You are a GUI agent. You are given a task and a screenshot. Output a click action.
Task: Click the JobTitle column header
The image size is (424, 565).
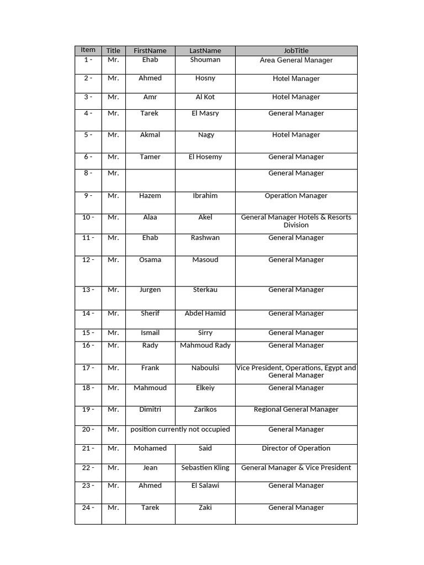296,51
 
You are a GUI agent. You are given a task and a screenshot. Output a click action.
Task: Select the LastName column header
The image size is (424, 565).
205,51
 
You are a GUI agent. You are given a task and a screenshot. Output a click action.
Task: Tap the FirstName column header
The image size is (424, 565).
150,51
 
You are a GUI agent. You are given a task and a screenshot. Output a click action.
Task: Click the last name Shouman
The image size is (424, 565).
205,60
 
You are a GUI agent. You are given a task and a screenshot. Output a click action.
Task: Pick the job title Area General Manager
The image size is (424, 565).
296,60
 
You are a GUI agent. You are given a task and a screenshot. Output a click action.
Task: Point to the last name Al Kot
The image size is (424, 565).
205,97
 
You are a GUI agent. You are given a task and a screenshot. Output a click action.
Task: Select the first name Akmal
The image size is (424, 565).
150,135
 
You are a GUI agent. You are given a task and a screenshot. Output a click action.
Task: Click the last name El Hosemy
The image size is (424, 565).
205,157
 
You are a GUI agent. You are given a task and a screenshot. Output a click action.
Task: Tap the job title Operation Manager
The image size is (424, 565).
296,195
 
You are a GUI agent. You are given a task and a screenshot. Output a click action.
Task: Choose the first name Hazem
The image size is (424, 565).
150,195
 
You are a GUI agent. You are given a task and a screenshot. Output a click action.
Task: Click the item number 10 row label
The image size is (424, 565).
88,217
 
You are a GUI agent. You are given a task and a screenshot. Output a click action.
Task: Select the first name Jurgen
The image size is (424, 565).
150,290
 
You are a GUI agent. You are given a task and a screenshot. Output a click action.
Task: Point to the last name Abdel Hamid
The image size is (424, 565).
205,313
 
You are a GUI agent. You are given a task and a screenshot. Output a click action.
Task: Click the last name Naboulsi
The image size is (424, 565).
205,367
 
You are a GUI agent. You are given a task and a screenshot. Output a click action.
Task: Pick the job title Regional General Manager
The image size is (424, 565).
296,409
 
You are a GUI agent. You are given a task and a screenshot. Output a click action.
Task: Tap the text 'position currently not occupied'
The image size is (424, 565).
180,429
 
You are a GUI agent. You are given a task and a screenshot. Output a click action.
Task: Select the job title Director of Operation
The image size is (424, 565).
296,449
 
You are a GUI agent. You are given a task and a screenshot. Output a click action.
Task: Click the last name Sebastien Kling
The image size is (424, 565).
205,468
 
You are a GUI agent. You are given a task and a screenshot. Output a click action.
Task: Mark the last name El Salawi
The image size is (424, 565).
205,486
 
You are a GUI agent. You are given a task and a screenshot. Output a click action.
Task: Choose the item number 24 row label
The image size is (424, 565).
88,508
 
